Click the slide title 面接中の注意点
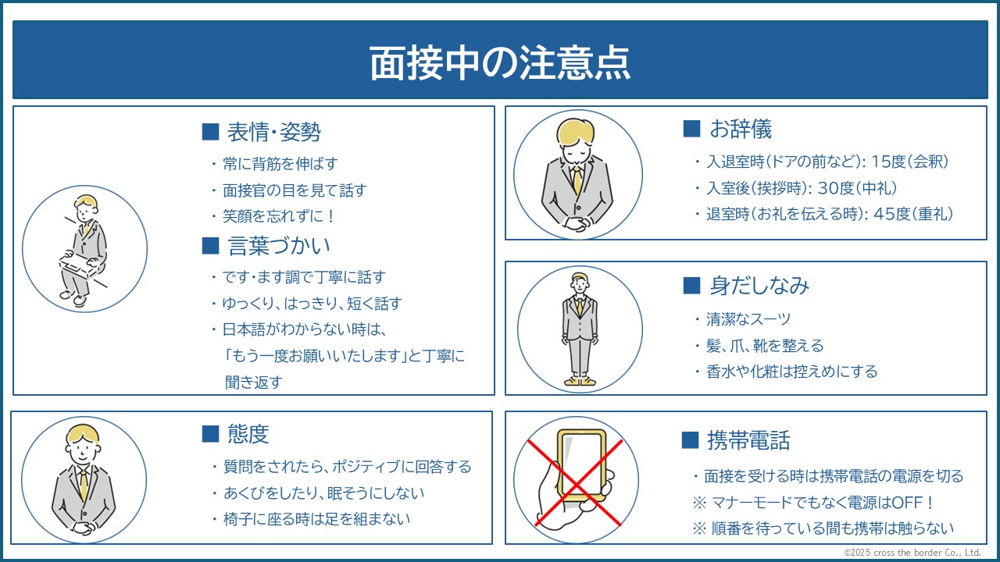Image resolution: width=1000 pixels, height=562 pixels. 500,62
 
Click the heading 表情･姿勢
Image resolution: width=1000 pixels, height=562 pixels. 273,132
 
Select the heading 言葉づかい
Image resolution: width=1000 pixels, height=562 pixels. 279,246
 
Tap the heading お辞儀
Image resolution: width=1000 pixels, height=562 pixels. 741,130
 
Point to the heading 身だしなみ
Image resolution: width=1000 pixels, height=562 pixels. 759,286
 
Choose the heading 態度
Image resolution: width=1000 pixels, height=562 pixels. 248,434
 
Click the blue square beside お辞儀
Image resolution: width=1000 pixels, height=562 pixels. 691,129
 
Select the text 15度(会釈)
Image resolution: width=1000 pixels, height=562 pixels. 910,162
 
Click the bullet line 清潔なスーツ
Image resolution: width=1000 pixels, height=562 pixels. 748,319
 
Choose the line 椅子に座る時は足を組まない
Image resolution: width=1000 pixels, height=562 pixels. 316,519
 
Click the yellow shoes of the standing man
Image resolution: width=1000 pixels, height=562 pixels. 580,382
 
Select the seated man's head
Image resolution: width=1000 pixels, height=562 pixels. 86,208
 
